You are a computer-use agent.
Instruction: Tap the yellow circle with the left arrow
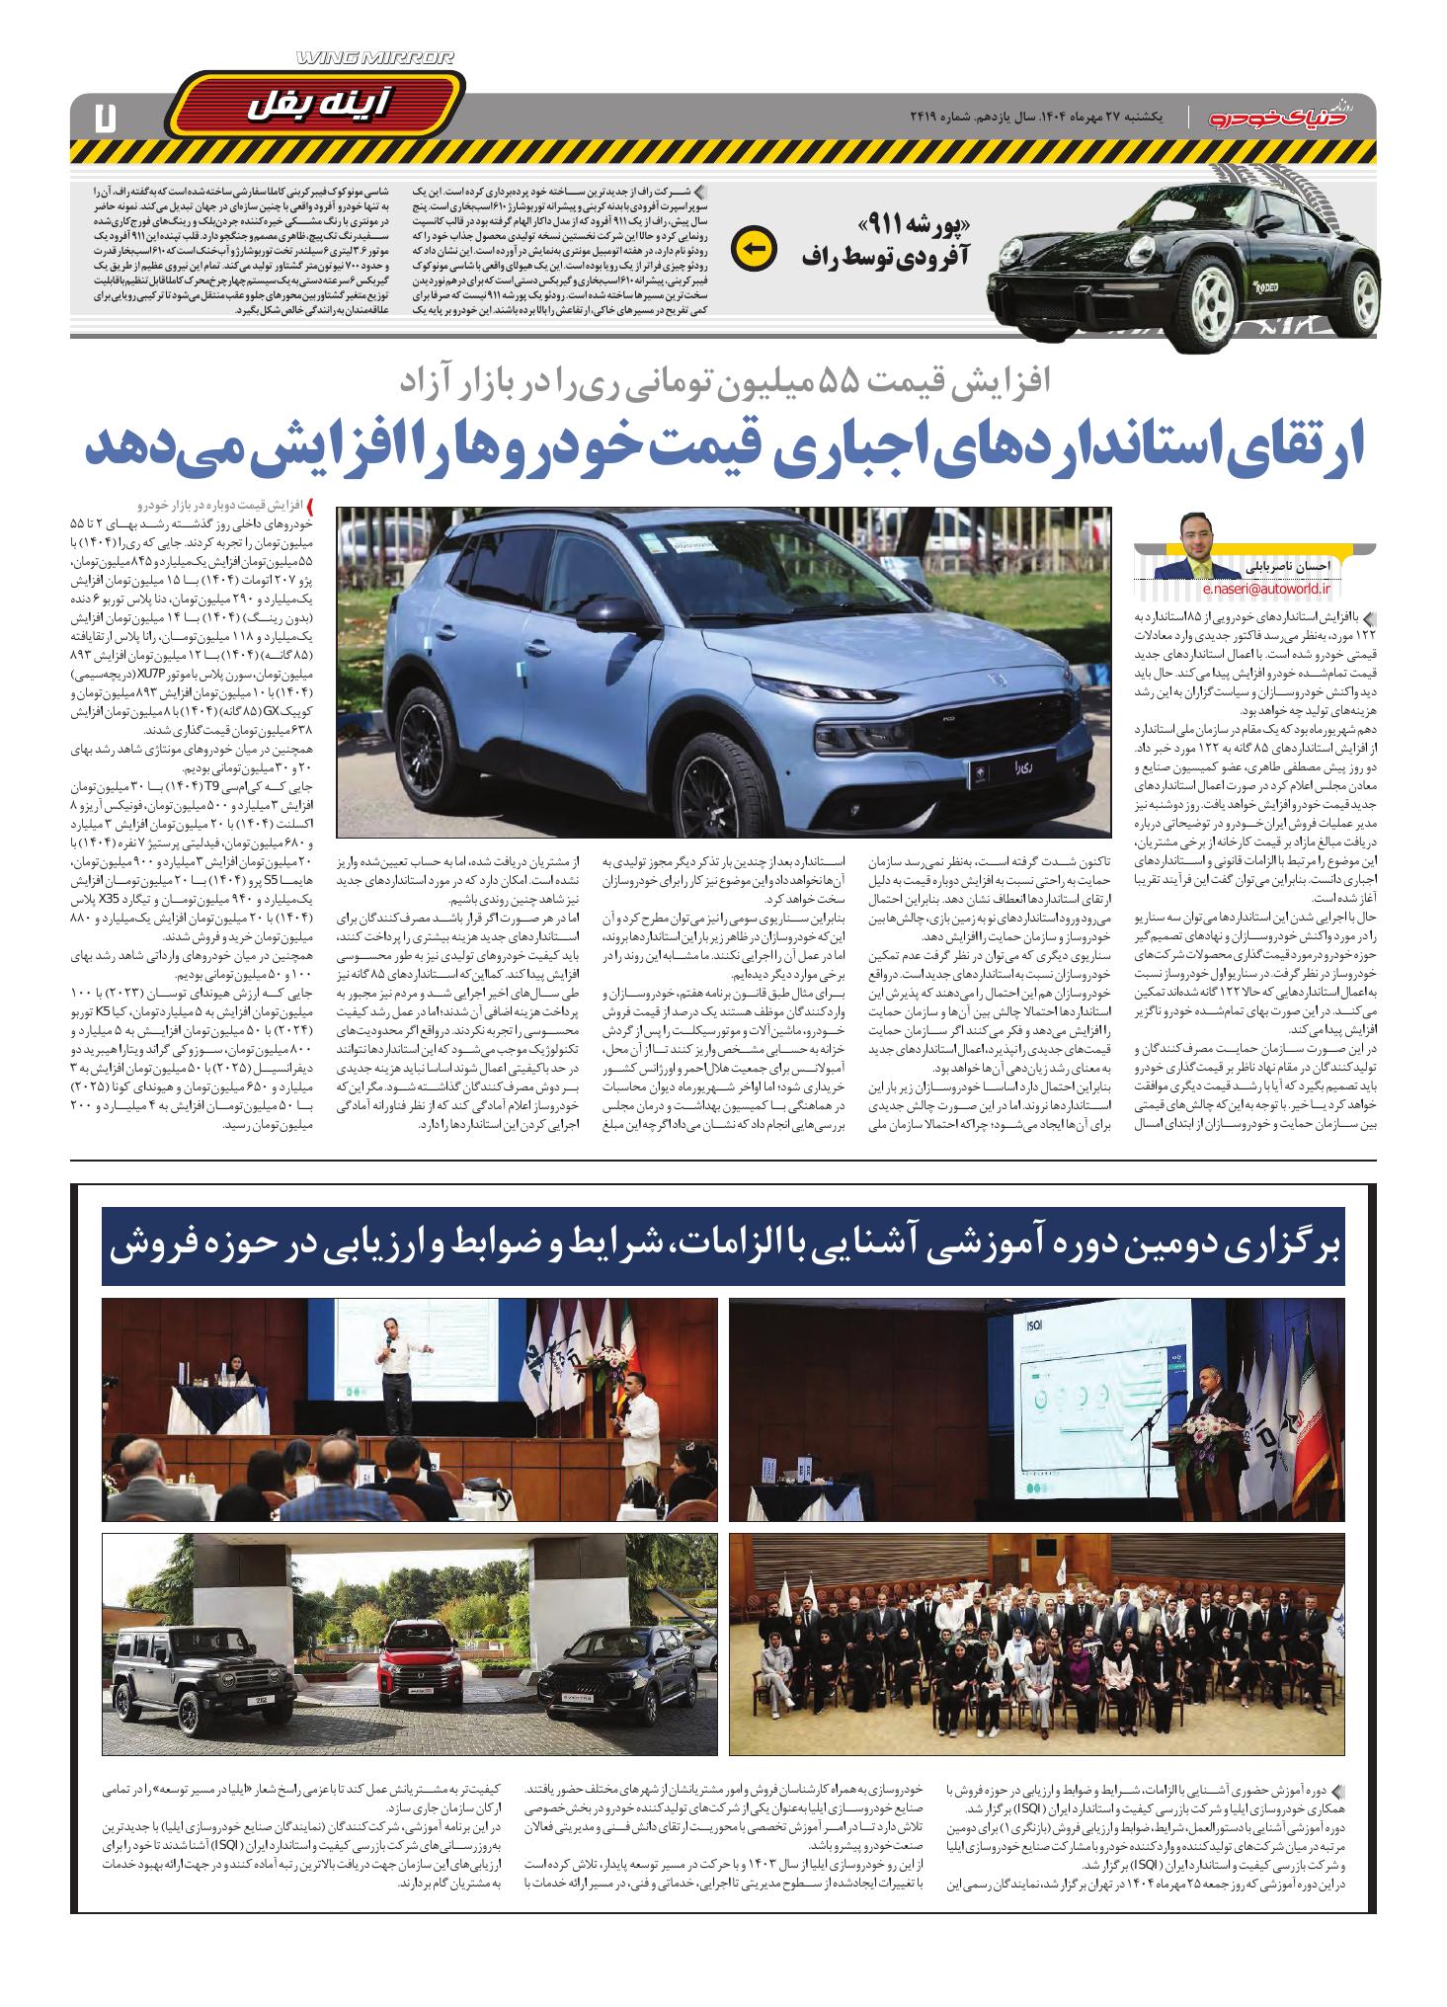(754, 250)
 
